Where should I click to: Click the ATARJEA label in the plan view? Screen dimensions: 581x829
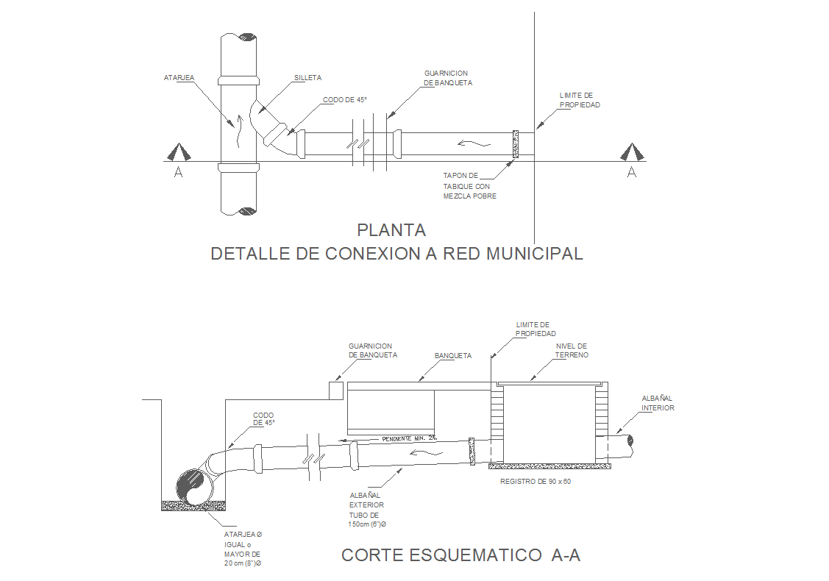pos(178,77)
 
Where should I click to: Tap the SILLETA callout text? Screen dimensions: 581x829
pos(307,77)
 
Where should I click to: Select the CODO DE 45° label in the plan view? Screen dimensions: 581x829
pos(344,100)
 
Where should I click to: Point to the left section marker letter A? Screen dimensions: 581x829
pos(178,173)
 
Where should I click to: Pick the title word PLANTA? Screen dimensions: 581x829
pos(391,230)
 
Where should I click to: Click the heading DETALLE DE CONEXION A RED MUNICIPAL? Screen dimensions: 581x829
pos(396,254)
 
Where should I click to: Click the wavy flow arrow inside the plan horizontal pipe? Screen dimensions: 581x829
pos(471,143)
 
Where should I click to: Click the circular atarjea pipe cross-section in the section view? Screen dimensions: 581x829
pos(195,486)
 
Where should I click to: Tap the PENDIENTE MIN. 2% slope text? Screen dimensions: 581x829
pos(408,439)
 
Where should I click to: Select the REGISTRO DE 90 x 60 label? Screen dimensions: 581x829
pos(535,482)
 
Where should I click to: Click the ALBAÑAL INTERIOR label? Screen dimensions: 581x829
pos(657,403)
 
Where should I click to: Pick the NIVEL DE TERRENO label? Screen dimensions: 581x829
pos(572,350)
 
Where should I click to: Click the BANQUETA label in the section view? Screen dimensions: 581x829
pos(452,356)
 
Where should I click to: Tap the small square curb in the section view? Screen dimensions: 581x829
pos(335,388)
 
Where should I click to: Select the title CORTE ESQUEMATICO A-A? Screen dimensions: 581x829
pos(460,555)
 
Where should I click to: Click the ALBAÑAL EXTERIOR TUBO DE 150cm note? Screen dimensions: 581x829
pos(367,510)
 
